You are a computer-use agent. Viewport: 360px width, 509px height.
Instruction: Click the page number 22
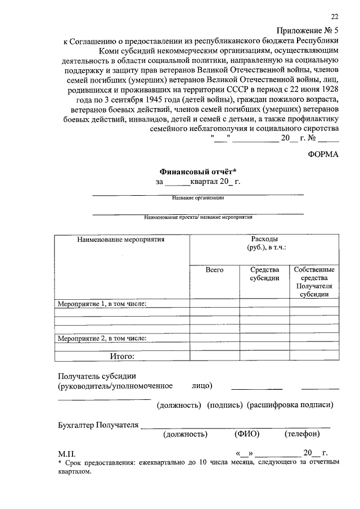[335, 17]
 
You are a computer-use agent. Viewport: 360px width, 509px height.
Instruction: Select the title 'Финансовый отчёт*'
[197, 171]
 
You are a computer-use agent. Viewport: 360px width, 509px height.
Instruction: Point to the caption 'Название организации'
[198, 198]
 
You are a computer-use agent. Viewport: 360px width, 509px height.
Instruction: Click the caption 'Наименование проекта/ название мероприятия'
[198, 217]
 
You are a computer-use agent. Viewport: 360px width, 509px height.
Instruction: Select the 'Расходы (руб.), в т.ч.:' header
[264, 244]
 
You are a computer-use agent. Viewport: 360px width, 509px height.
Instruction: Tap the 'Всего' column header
[214, 270]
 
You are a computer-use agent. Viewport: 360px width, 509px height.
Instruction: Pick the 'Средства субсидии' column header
[264, 274]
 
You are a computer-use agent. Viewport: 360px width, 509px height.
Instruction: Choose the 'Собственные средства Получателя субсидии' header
[314, 282]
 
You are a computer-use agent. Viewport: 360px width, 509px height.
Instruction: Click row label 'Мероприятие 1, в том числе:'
[102, 304]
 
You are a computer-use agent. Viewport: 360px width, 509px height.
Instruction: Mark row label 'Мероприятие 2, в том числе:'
[102, 338]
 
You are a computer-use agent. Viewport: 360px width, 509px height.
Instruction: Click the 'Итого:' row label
[121, 355]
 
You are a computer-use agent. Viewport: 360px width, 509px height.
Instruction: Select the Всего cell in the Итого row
[214, 355]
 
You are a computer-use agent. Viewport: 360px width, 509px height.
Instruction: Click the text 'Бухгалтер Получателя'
[98, 425]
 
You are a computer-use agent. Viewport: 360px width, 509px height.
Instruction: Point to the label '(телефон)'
[302, 434]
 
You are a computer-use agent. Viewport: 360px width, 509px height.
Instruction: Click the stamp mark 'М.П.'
[66, 453]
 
